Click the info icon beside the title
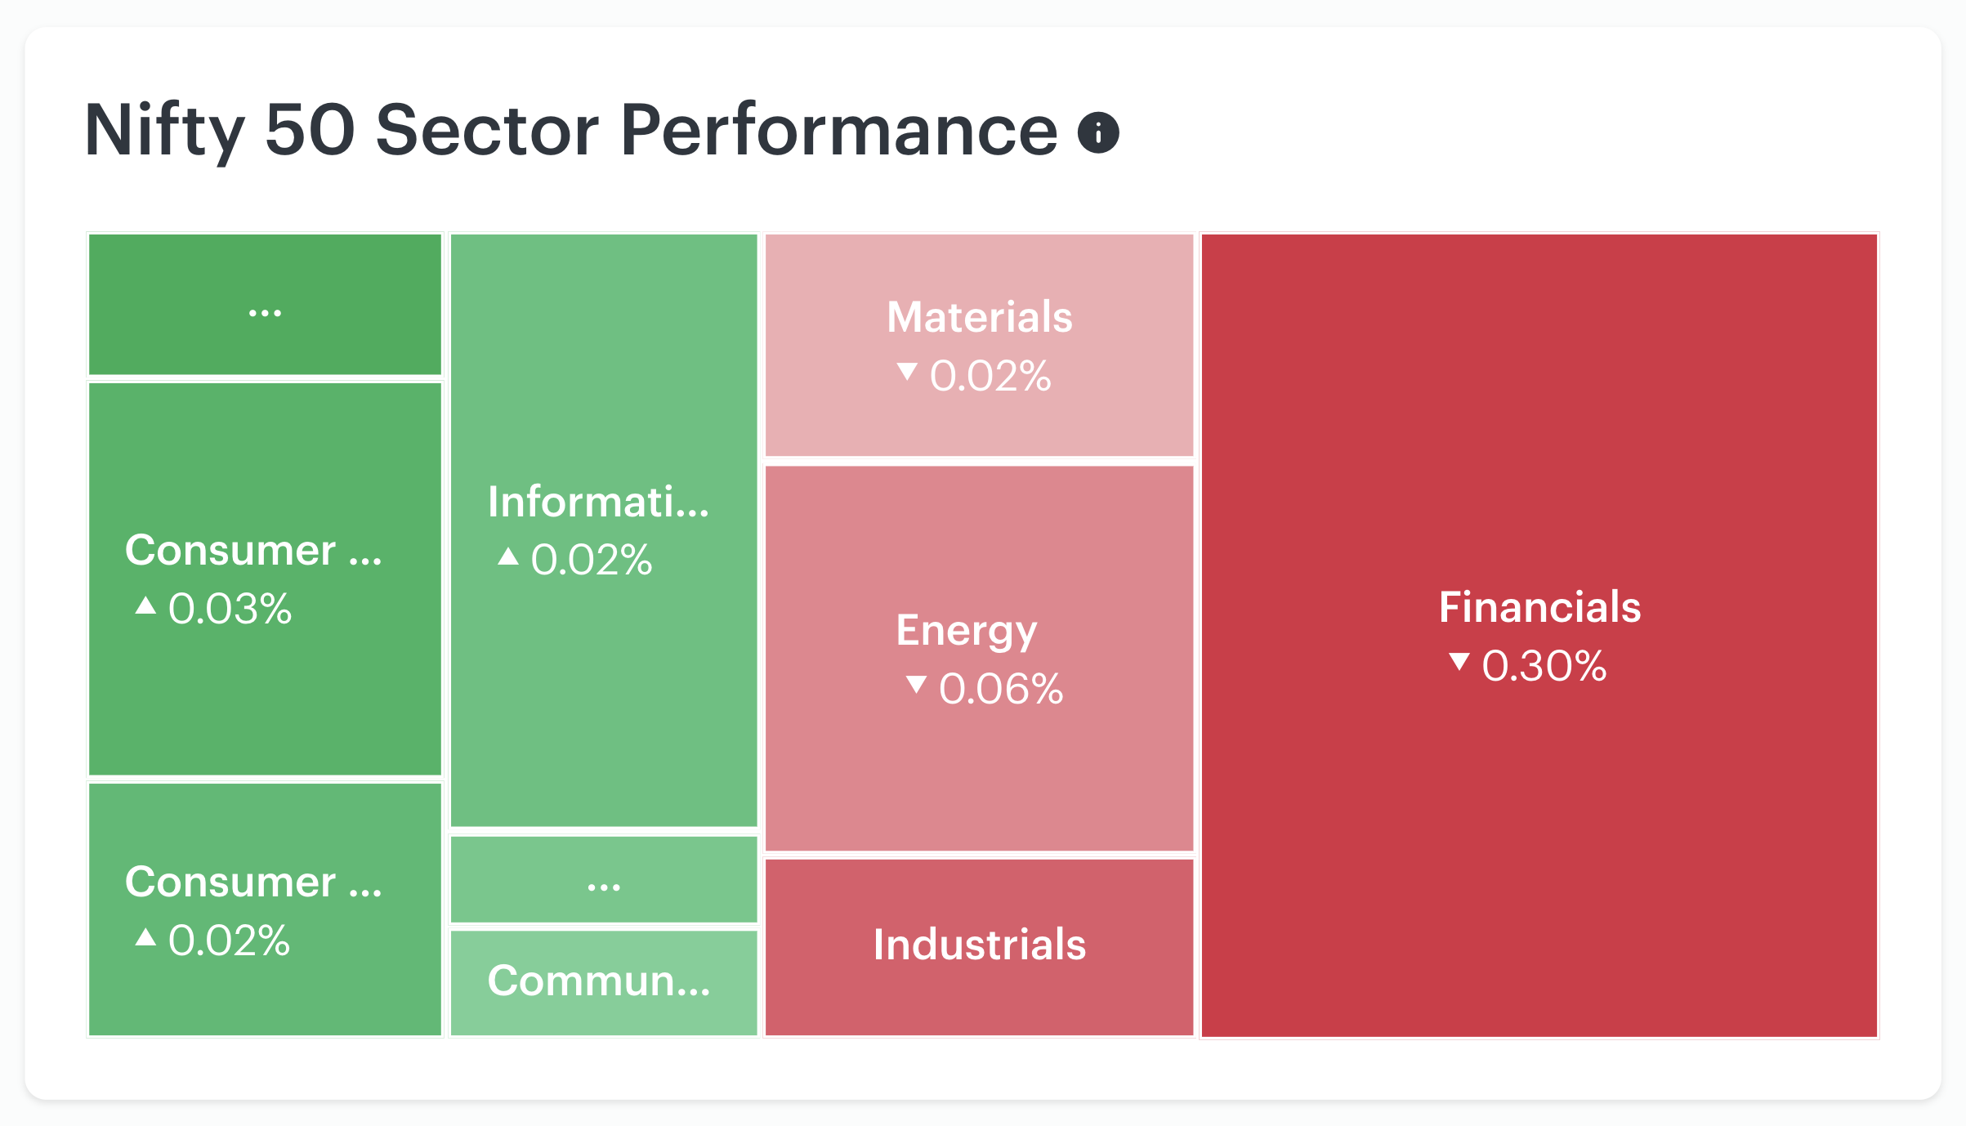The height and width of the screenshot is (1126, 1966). [x=1098, y=132]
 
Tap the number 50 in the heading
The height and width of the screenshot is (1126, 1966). [x=311, y=131]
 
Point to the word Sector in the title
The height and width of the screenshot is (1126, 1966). [x=488, y=131]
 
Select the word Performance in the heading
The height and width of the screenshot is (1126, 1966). [x=839, y=131]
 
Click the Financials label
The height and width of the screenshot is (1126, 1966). [x=1539, y=607]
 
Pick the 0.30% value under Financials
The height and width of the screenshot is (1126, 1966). [x=1544, y=666]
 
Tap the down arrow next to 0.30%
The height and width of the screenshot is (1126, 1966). [x=1459, y=661]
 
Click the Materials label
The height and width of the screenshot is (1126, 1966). [x=980, y=317]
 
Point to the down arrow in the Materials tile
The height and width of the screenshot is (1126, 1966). [x=907, y=372]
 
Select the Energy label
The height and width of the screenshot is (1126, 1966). [x=967, y=632]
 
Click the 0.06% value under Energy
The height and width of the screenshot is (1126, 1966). [x=1001, y=689]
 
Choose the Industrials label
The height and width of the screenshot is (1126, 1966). [x=980, y=945]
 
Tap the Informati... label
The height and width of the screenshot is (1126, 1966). [x=598, y=502]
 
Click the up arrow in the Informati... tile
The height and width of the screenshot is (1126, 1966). [x=508, y=556]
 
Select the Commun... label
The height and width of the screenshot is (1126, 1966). [x=599, y=981]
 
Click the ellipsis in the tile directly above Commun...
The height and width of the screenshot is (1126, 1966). [x=604, y=887]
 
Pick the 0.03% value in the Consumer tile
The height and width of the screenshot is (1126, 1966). [x=230, y=609]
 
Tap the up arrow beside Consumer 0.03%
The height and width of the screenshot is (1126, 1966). [x=145, y=605]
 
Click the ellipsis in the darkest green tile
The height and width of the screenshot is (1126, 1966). [x=265, y=313]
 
